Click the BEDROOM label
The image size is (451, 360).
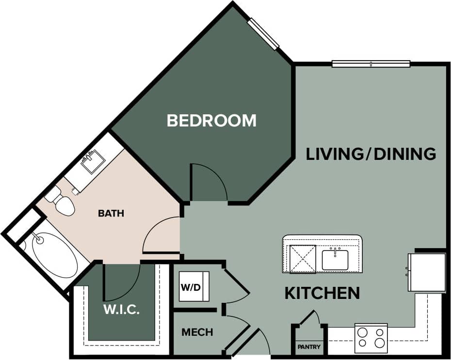[x=211, y=120]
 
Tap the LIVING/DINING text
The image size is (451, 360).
[x=371, y=154]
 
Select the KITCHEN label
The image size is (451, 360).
[x=322, y=293]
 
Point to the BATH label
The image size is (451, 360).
[x=111, y=213]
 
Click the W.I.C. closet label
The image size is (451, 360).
[x=121, y=310]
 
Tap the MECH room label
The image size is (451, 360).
[x=197, y=332]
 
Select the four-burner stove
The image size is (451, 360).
[x=371, y=338]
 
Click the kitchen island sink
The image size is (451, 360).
[x=335, y=260]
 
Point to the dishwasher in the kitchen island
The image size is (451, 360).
[x=303, y=259]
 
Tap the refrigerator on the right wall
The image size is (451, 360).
[x=427, y=272]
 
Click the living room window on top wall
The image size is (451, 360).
[x=371, y=63]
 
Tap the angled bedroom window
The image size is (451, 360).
[x=263, y=33]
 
